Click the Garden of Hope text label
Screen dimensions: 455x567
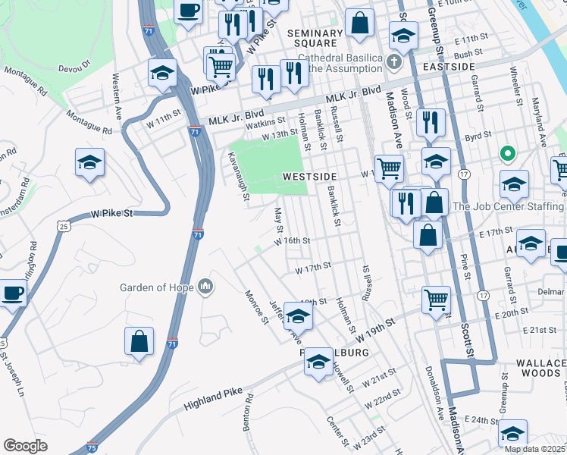pyautogui.click(x=157, y=287)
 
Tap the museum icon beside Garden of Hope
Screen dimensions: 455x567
pyautogui.click(x=205, y=287)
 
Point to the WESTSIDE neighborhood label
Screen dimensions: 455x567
pyautogui.click(x=309, y=176)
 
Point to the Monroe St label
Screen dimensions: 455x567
pyautogui.click(x=256, y=306)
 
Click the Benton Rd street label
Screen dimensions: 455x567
pyautogui.click(x=248, y=413)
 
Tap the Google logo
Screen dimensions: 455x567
pyautogui.click(x=25, y=446)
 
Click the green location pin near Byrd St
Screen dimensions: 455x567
pyautogui.click(x=507, y=155)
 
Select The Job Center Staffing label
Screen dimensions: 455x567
pyautogui.click(x=509, y=206)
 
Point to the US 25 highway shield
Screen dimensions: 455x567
pyautogui.click(x=64, y=225)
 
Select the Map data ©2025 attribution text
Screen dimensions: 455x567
pyautogui.click(x=534, y=449)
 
